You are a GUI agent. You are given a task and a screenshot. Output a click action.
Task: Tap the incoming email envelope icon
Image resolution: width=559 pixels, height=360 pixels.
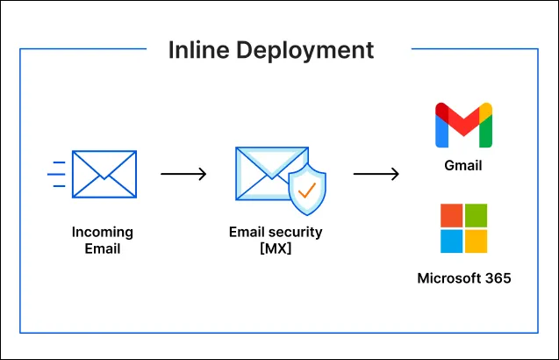(x=104, y=174)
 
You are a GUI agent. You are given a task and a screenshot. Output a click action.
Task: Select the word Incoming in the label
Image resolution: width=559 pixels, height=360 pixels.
(x=103, y=233)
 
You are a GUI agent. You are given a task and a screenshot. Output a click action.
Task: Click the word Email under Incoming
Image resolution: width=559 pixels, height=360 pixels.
(x=103, y=248)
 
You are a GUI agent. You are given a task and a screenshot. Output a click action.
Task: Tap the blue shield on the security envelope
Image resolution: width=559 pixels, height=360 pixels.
(x=307, y=188)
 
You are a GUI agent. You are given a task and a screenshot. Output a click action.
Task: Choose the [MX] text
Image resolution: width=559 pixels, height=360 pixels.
(x=275, y=248)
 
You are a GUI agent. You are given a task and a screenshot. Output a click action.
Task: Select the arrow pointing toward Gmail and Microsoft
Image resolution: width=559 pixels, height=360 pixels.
(x=376, y=174)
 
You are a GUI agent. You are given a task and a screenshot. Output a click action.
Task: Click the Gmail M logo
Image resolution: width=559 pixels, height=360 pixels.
(x=463, y=126)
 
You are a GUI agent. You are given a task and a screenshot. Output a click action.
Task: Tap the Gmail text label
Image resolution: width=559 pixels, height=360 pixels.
(x=463, y=165)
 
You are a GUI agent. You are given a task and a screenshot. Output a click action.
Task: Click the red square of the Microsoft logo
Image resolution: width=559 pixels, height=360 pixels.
(x=451, y=216)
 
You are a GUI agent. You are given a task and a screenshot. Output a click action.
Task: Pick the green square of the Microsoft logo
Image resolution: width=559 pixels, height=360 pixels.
(x=476, y=216)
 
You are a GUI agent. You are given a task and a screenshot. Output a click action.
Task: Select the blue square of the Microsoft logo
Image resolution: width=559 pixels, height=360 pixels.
(x=451, y=241)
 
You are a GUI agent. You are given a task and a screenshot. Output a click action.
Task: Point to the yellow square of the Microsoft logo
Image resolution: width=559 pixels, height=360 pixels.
(x=476, y=241)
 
